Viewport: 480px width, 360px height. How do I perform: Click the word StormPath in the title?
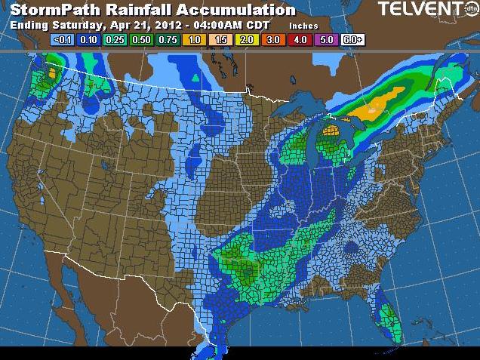[x=55, y=10]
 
